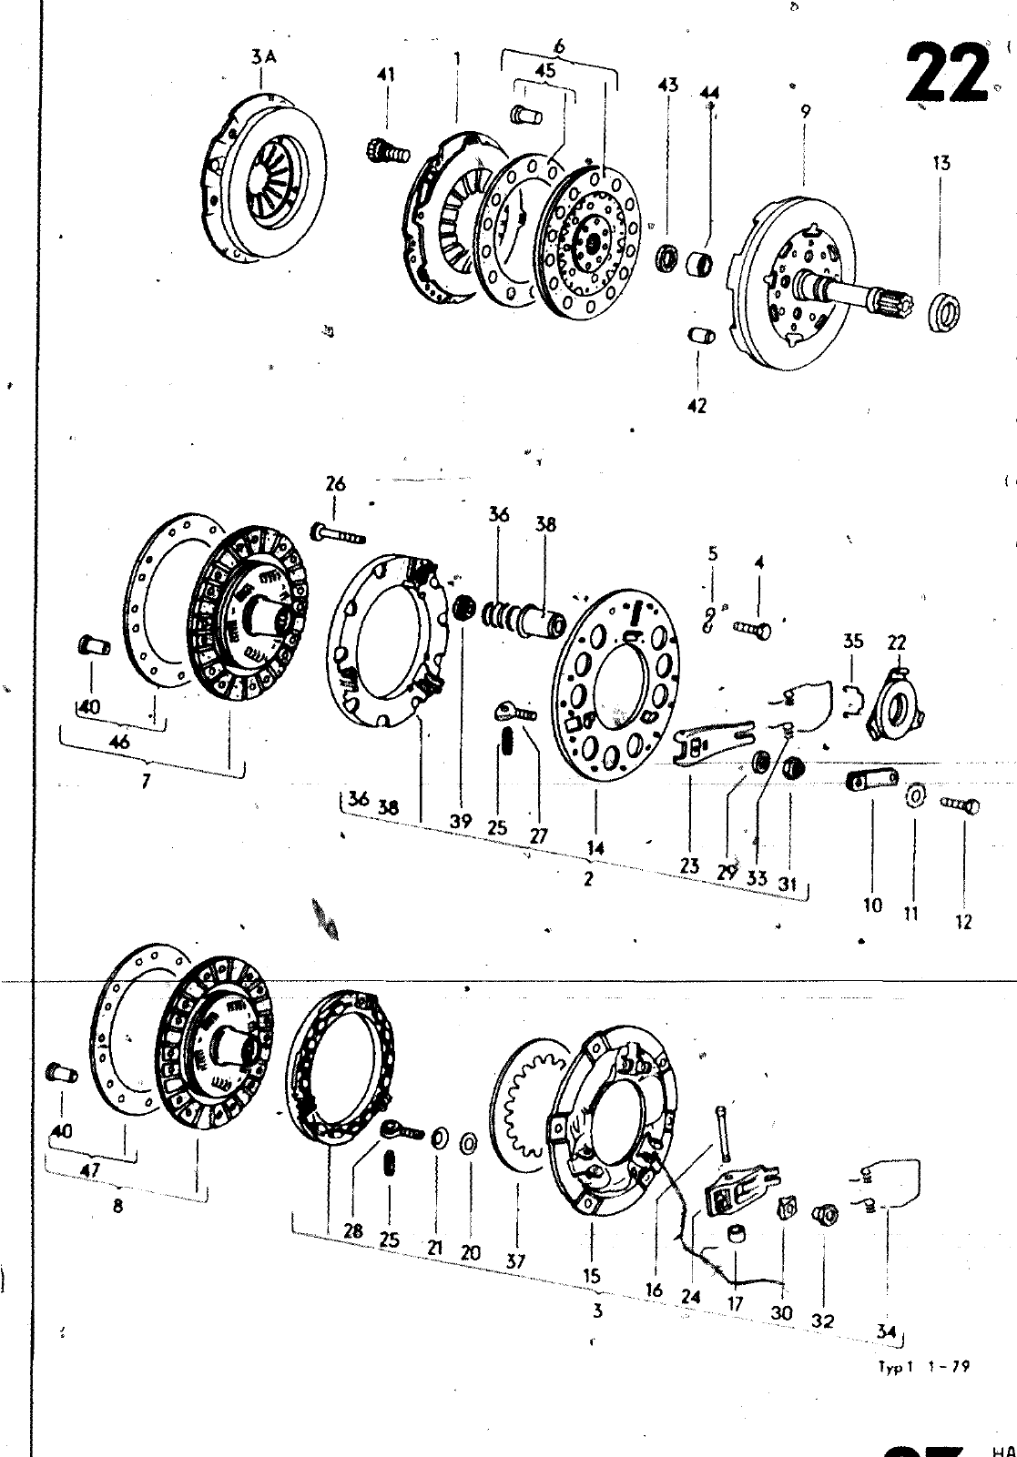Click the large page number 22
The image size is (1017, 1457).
(947, 72)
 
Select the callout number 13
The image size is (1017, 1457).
(941, 164)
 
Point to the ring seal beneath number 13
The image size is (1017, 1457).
(945, 309)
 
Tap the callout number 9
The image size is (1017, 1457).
(805, 112)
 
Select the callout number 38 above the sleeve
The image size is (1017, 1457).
(545, 525)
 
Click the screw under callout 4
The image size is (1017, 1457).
(751, 627)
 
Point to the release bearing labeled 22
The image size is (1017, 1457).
(894, 706)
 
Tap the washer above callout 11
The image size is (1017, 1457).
(913, 798)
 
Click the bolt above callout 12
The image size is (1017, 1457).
(961, 804)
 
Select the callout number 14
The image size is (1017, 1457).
(595, 847)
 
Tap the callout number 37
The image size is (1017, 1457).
(516, 1260)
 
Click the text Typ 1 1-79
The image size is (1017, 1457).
(923, 1367)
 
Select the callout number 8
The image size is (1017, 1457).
(117, 1207)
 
